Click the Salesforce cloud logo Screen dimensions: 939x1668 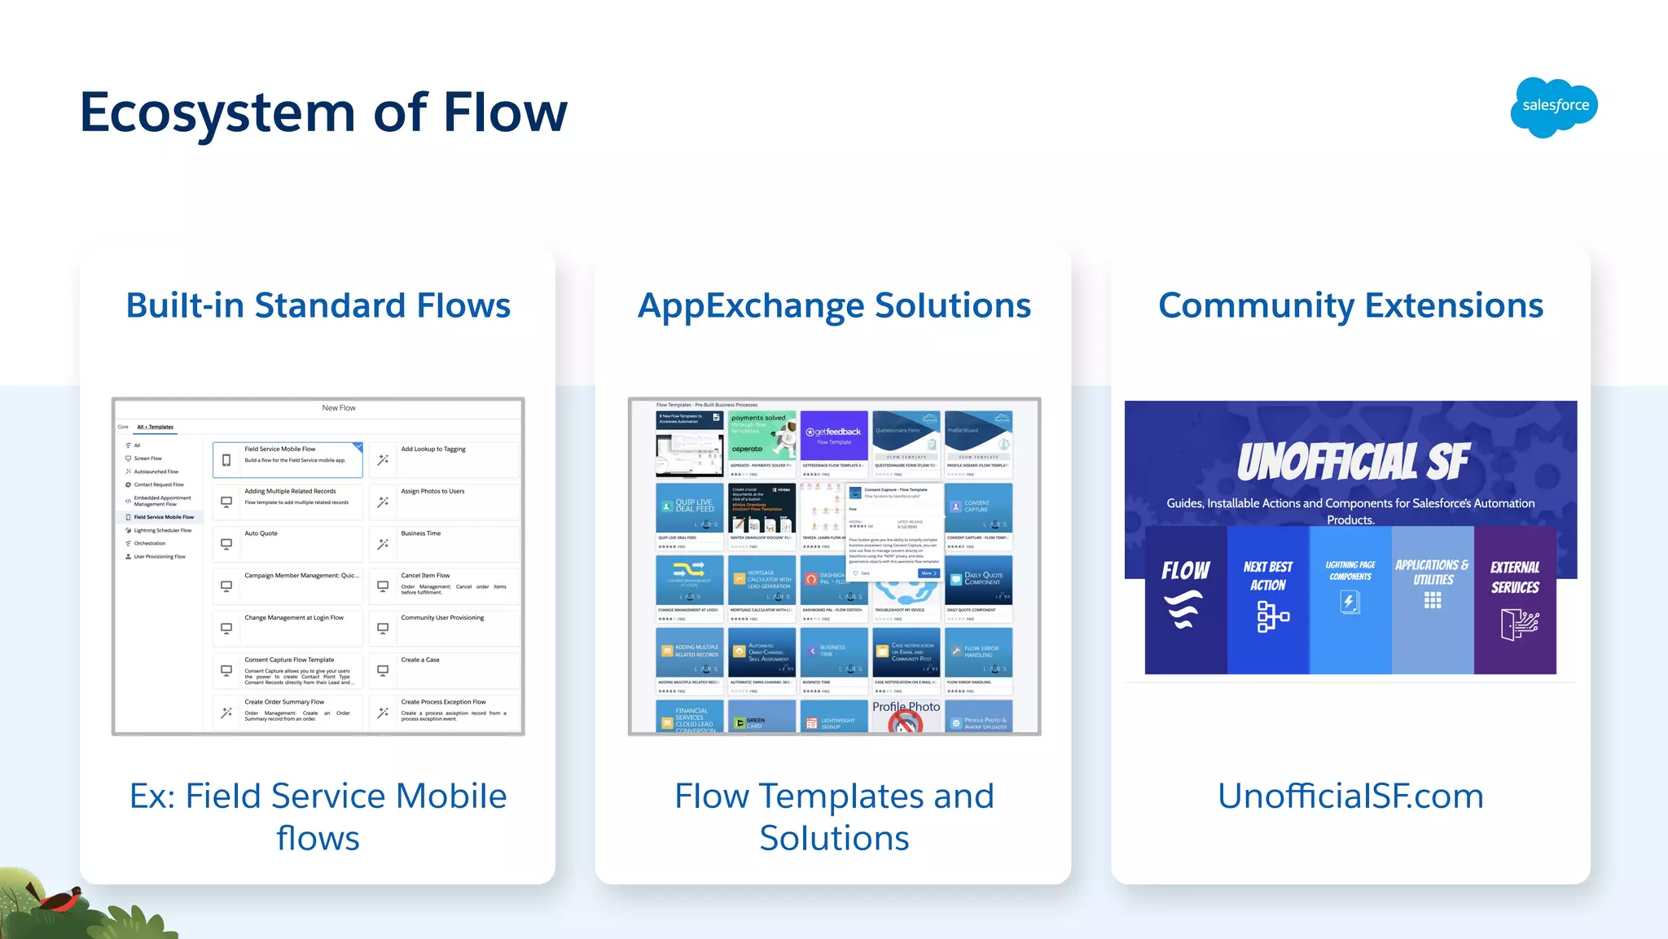coord(1554,107)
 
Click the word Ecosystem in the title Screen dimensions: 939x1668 coord(217,112)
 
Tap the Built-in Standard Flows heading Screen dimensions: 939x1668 coord(318,305)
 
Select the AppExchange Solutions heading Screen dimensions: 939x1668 coord(834,305)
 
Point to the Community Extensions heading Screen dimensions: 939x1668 coord(1350,305)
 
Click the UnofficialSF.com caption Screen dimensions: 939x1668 coord(1350,796)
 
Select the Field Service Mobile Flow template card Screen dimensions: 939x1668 coord(288,459)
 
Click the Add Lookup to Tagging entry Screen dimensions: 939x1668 coord(444,459)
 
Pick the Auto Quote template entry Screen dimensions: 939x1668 coord(288,543)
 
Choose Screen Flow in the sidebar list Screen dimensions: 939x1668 coord(148,459)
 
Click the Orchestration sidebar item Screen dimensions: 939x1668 coord(150,543)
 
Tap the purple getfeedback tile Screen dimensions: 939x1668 coord(834,436)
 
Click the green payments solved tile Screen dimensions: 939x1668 coord(762,436)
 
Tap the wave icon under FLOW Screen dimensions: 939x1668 coord(1184,609)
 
